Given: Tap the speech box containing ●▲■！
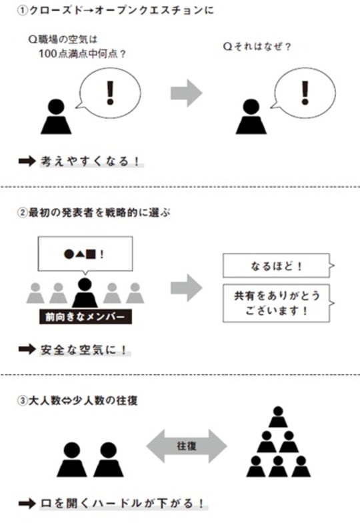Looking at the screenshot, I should pyautogui.click(x=85, y=253).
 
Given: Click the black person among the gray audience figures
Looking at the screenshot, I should pyautogui.click(x=85, y=292).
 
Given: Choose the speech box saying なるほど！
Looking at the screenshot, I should pyautogui.click(x=275, y=265).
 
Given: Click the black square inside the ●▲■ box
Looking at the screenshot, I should pyautogui.click(x=91, y=253).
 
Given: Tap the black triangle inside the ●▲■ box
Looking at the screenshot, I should pyautogui.click(x=79, y=253).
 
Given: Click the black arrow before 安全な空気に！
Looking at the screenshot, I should pyautogui.click(x=27, y=349).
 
